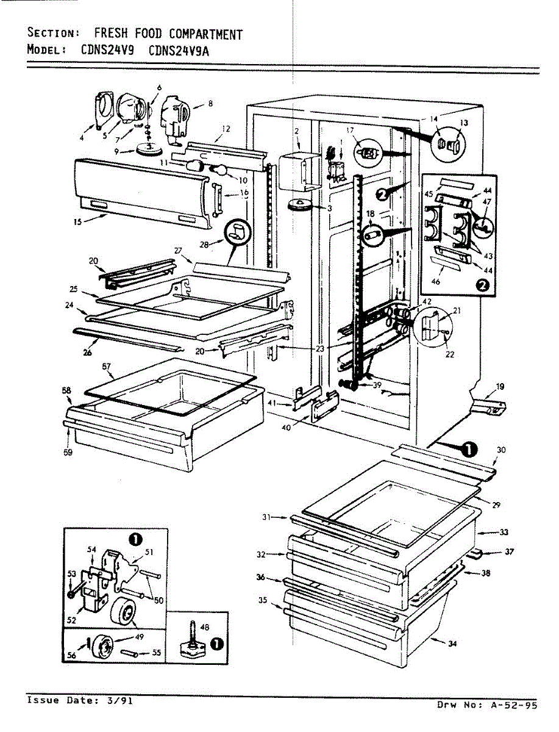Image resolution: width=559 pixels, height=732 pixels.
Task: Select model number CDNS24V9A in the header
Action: coord(179,51)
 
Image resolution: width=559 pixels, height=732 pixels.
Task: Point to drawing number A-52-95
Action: coord(513,705)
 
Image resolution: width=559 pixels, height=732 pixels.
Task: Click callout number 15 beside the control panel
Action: coord(78,221)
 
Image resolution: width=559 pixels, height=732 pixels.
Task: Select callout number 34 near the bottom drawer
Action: coord(452,644)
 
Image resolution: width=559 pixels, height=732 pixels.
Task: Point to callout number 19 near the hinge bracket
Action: coord(500,386)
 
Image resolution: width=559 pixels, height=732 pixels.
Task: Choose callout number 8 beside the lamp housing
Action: coord(210,104)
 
